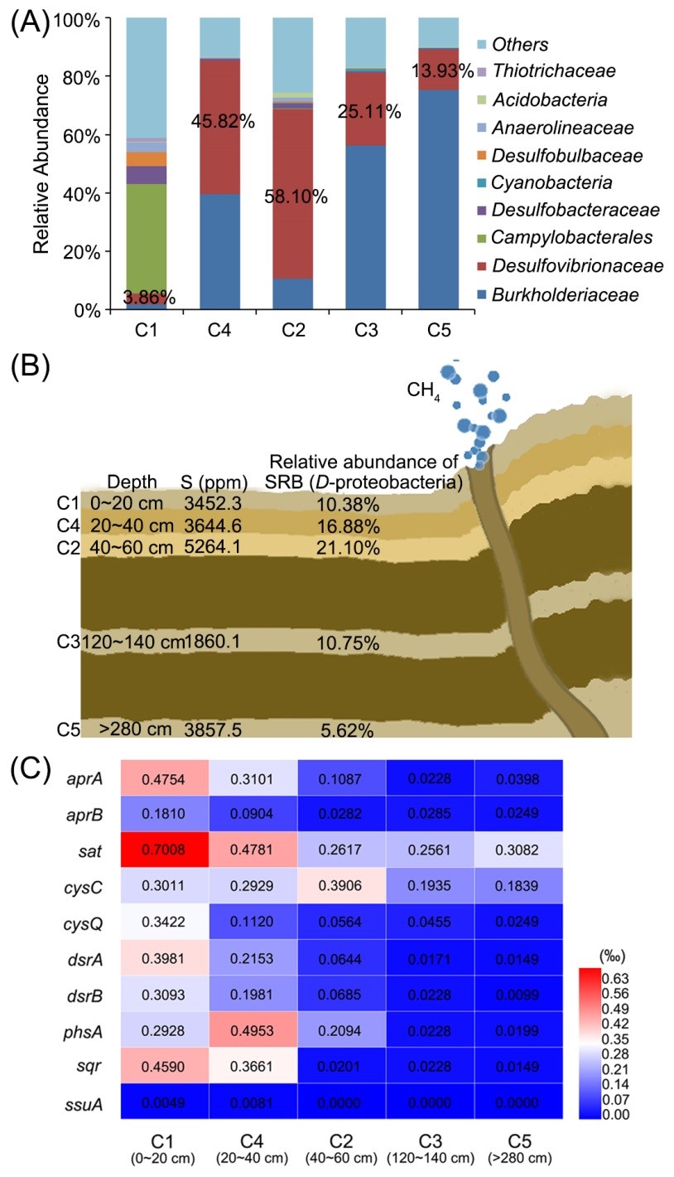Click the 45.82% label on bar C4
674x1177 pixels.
pos(223,122)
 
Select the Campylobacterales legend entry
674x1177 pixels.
pos(571,238)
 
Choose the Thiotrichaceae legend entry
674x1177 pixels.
pos(554,71)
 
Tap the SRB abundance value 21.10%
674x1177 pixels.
pos(348,548)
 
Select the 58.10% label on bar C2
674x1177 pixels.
pos(296,196)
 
